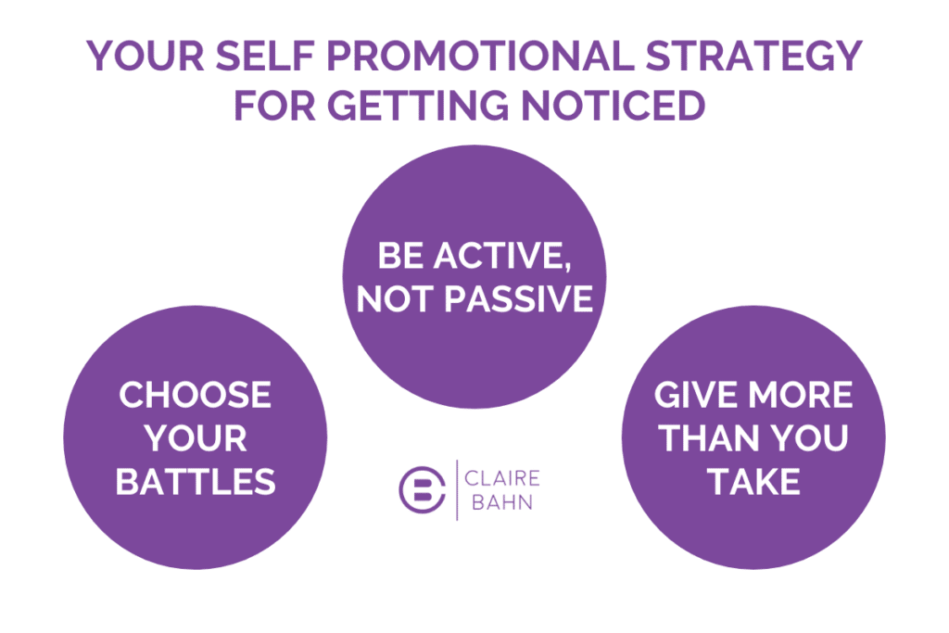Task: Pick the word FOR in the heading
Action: pos(271,105)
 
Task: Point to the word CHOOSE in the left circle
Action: pos(196,396)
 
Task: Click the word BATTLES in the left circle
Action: pos(196,482)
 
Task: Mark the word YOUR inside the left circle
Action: pos(196,438)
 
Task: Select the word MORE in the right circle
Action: pos(803,396)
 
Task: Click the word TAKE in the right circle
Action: pos(753,482)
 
